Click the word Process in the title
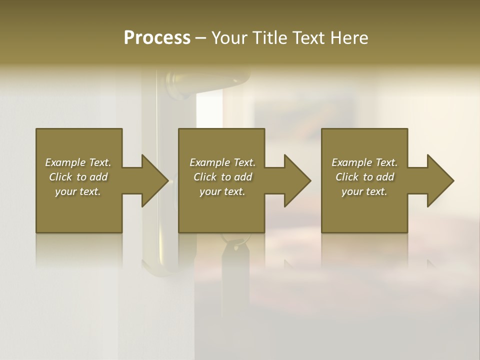coord(157,38)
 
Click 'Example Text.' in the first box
coord(78,162)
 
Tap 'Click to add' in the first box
coord(78,177)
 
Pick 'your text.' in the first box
coord(78,191)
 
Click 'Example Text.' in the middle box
coord(222,162)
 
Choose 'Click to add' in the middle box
coord(222,177)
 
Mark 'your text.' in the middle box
coord(222,191)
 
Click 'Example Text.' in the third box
coord(364,162)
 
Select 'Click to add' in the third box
coord(364,177)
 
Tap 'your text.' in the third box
coord(364,191)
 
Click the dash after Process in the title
coord(200,38)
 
